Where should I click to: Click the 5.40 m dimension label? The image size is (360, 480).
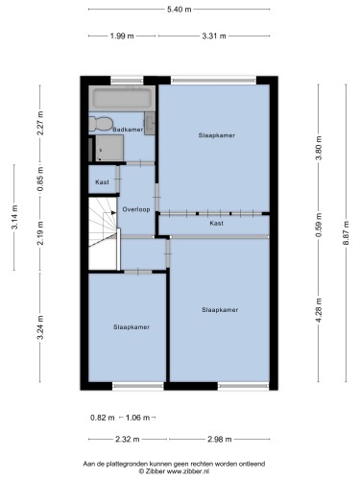coord(180,10)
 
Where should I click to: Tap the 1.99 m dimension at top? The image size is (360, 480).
coord(122,36)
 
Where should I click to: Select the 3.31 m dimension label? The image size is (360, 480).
coord(214,36)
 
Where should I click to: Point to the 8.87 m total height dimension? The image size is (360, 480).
coord(346,233)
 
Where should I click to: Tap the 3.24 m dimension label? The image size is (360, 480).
coord(40,327)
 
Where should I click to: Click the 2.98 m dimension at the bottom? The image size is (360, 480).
coord(220,439)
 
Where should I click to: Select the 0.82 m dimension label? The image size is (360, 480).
coord(103,418)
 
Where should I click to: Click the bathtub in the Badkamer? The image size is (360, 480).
coord(122,98)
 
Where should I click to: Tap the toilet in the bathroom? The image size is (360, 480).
coord(101,124)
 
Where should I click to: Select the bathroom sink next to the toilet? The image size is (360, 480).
coord(150,123)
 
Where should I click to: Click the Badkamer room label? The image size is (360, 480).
coord(128,130)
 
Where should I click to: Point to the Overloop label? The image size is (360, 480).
coord(136,209)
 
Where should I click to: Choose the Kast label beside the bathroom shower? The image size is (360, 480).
coord(102,182)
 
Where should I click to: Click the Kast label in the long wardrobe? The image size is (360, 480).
coord(216,223)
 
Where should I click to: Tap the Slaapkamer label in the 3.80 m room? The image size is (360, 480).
coord(217,135)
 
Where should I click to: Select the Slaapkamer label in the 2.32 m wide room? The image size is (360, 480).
coord(132,327)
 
